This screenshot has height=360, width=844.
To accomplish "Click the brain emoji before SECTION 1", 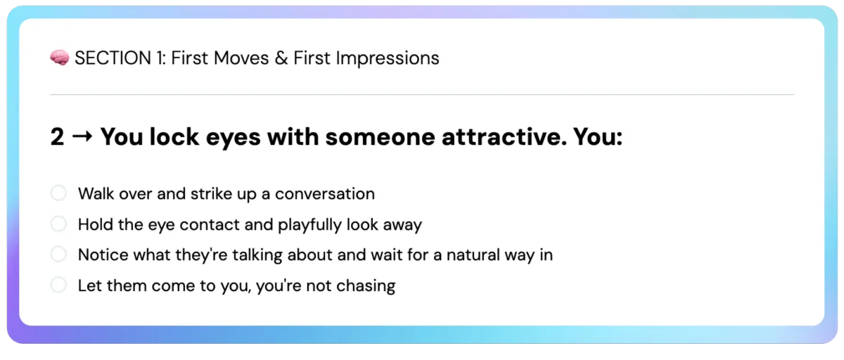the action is coord(60,58).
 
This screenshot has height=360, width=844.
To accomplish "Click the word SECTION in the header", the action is coord(113,58).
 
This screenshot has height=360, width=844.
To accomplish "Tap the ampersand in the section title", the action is coord(281,58).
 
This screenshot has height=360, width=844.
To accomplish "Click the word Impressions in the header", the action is coord(388,59).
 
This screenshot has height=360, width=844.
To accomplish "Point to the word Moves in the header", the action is coord(241,58).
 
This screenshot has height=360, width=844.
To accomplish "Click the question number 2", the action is coord(57,136).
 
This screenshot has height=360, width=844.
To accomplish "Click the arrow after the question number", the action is coord(82,136).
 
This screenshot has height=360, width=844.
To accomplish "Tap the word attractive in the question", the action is coord(504,136).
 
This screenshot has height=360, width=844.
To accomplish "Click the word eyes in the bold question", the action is coord(234,138).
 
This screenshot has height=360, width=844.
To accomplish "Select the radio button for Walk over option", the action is coord(59,193).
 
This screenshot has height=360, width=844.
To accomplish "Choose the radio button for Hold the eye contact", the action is coord(59,224).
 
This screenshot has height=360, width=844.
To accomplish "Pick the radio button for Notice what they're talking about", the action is coord(59,255).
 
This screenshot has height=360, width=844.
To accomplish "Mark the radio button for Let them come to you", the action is coord(59,285).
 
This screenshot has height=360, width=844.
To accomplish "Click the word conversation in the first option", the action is coord(325,194).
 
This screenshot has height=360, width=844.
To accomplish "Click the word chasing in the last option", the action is coord(366,286).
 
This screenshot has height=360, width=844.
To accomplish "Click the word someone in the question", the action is coord(380,136).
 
